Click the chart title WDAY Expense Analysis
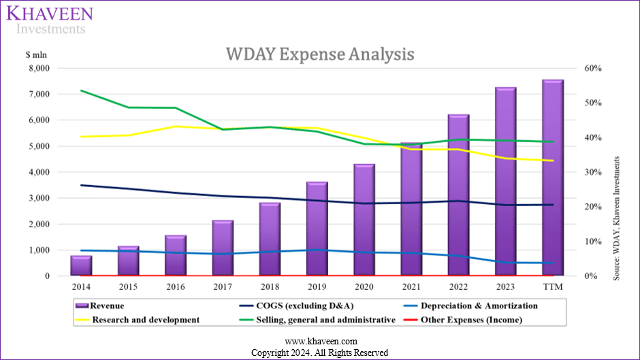tap(319, 54)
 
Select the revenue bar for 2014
tap(81, 266)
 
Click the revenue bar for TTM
tap(552, 178)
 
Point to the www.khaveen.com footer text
tap(319, 342)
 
